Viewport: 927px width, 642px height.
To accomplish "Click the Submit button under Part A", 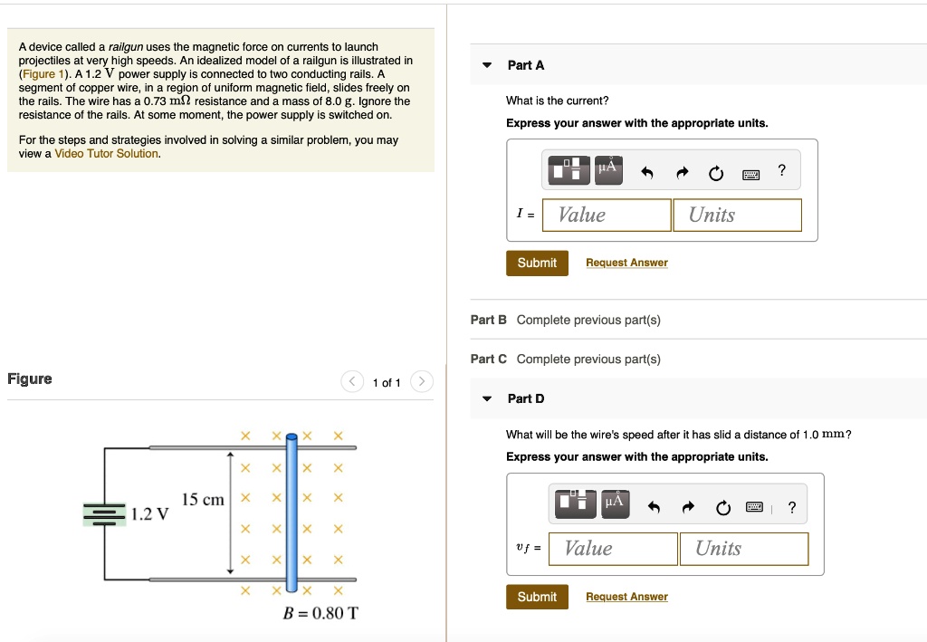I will coord(537,263).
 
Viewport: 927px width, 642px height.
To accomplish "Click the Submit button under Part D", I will coord(537,597).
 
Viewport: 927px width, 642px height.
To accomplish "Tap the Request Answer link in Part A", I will coord(626,263).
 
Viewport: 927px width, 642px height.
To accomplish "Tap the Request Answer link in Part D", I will coord(626,597).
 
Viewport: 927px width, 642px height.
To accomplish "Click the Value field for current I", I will coord(607,215).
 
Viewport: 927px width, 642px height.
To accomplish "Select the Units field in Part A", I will coord(737,215).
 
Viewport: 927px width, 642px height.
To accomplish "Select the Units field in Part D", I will coord(743,549).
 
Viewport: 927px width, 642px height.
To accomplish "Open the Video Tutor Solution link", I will coord(107,154).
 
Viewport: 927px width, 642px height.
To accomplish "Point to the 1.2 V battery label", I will coord(150,514).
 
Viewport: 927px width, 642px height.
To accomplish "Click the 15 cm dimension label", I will coord(203,500).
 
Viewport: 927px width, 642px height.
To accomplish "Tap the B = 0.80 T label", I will coord(320,613).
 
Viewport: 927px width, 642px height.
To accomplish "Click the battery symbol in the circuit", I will coord(105,513).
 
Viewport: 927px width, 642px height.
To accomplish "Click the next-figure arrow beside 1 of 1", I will coord(422,382).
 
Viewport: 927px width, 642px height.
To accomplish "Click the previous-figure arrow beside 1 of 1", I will coord(352,382).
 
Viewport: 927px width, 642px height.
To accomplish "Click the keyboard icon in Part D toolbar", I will coord(754,507).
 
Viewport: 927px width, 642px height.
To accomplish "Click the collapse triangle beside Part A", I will coord(487,65).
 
